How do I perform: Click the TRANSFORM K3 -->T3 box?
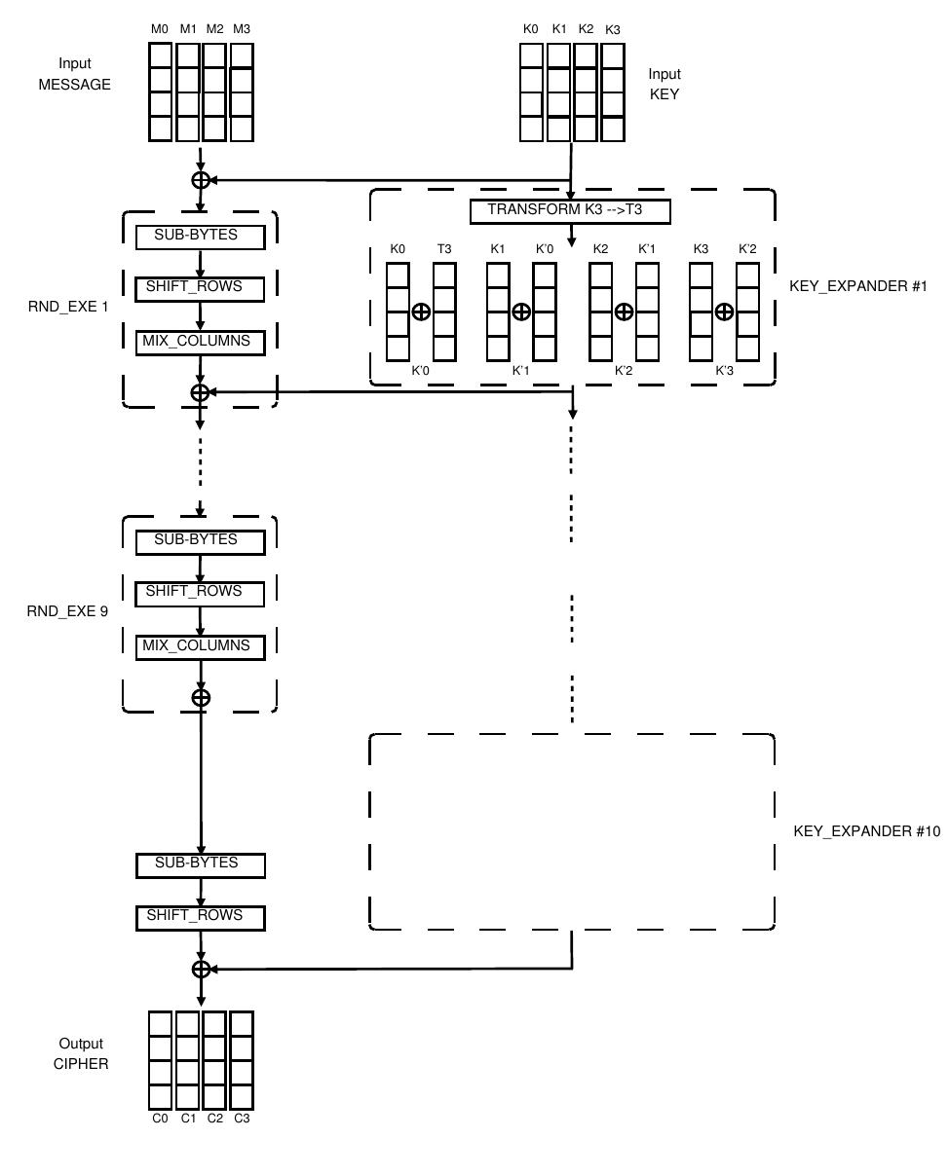tap(570, 210)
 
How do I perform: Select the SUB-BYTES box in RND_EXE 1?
tap(200, 236)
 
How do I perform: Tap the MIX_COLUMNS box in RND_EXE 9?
tap(200, 645)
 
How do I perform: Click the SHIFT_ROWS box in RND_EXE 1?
tap(200, 288)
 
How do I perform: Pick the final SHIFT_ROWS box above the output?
tap(200, 916)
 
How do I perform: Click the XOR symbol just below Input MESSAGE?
tap(200, 179)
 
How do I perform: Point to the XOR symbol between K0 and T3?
tap(421, 312)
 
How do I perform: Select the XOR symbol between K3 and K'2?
tap(724, 312)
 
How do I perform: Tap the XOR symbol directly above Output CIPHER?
tap(200, 969)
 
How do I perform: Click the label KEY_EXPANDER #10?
tap(866, 831)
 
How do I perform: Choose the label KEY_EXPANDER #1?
tap(857, 288)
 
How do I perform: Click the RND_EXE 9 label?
tap(67, 612)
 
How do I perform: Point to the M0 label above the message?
tap(160, 29)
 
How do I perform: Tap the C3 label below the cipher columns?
tap(242, 1119)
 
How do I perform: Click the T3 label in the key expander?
tap(444, 249)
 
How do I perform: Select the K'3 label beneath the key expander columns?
tap(724, 371)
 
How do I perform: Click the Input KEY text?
tap(664, 85)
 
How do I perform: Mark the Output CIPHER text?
tap(81, 1053)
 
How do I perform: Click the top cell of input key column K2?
tap(585, 55)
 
